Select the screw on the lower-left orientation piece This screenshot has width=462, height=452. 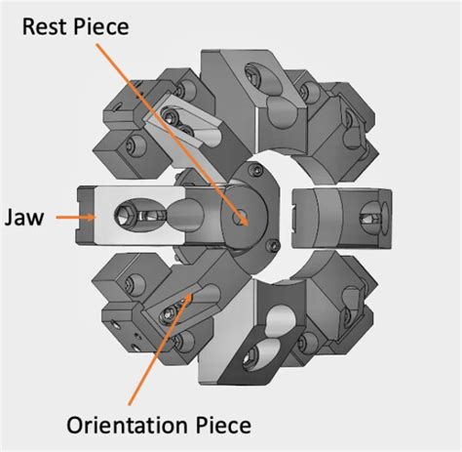click(x=172, y=314)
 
